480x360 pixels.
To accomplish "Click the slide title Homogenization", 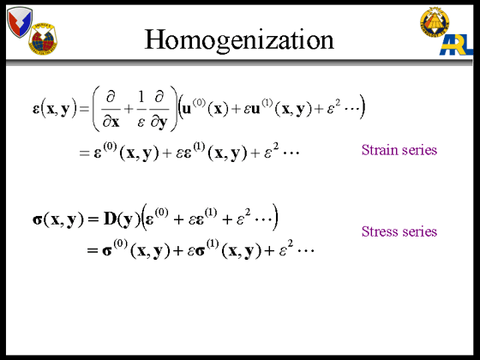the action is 239,40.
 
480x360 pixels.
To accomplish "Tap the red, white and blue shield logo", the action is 20,22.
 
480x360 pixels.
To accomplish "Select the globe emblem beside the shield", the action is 43,39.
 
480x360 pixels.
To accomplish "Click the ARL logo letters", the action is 456,45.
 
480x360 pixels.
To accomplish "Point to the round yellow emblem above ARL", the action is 435,21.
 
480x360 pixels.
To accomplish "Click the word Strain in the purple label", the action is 379,150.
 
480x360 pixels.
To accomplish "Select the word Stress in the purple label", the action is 379,231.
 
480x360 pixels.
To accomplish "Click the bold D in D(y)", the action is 110,219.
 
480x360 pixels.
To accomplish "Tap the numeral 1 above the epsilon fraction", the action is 141,97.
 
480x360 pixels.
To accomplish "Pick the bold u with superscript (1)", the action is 255,110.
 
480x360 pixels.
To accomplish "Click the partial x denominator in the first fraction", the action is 111,122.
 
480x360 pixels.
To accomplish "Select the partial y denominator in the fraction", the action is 159,122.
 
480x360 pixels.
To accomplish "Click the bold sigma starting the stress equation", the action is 37,219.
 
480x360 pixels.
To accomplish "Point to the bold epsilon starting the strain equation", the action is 36,110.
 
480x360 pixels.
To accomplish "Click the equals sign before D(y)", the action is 93,219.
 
